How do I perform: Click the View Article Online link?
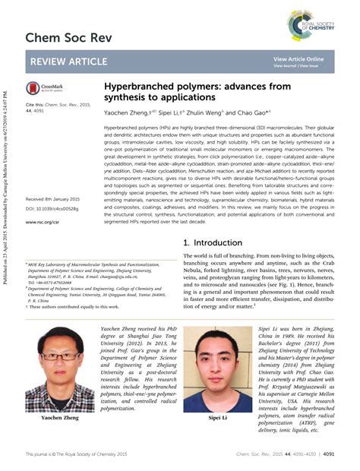(298, 58)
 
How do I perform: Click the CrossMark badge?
(45, 89)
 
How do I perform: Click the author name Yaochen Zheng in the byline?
(126, 111)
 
